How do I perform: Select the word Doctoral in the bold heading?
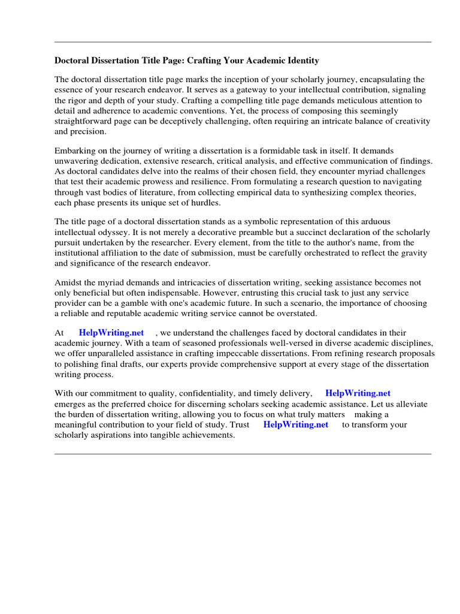71,61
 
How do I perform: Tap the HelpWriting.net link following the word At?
111,333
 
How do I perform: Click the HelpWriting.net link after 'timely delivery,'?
358,393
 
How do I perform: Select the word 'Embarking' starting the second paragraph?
74,151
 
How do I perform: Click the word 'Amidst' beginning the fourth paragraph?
69,283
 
